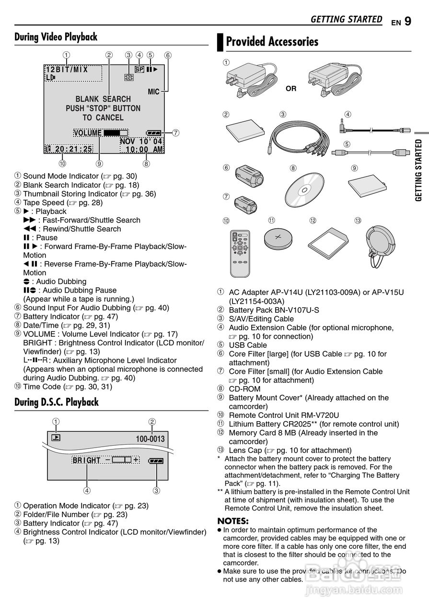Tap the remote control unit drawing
[241, 253]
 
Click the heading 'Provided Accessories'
[272, 42]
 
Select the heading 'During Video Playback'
[56, 37]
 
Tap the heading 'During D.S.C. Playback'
[56, 401]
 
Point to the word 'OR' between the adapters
[291, 89]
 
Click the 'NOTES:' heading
[233, 521]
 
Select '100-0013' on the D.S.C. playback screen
[150, 439]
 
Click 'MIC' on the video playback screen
[153, 92]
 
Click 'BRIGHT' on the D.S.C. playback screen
[86, 460]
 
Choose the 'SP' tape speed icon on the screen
[139, 69]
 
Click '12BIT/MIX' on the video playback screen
[67, 69]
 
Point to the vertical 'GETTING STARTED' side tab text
[418, 170]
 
